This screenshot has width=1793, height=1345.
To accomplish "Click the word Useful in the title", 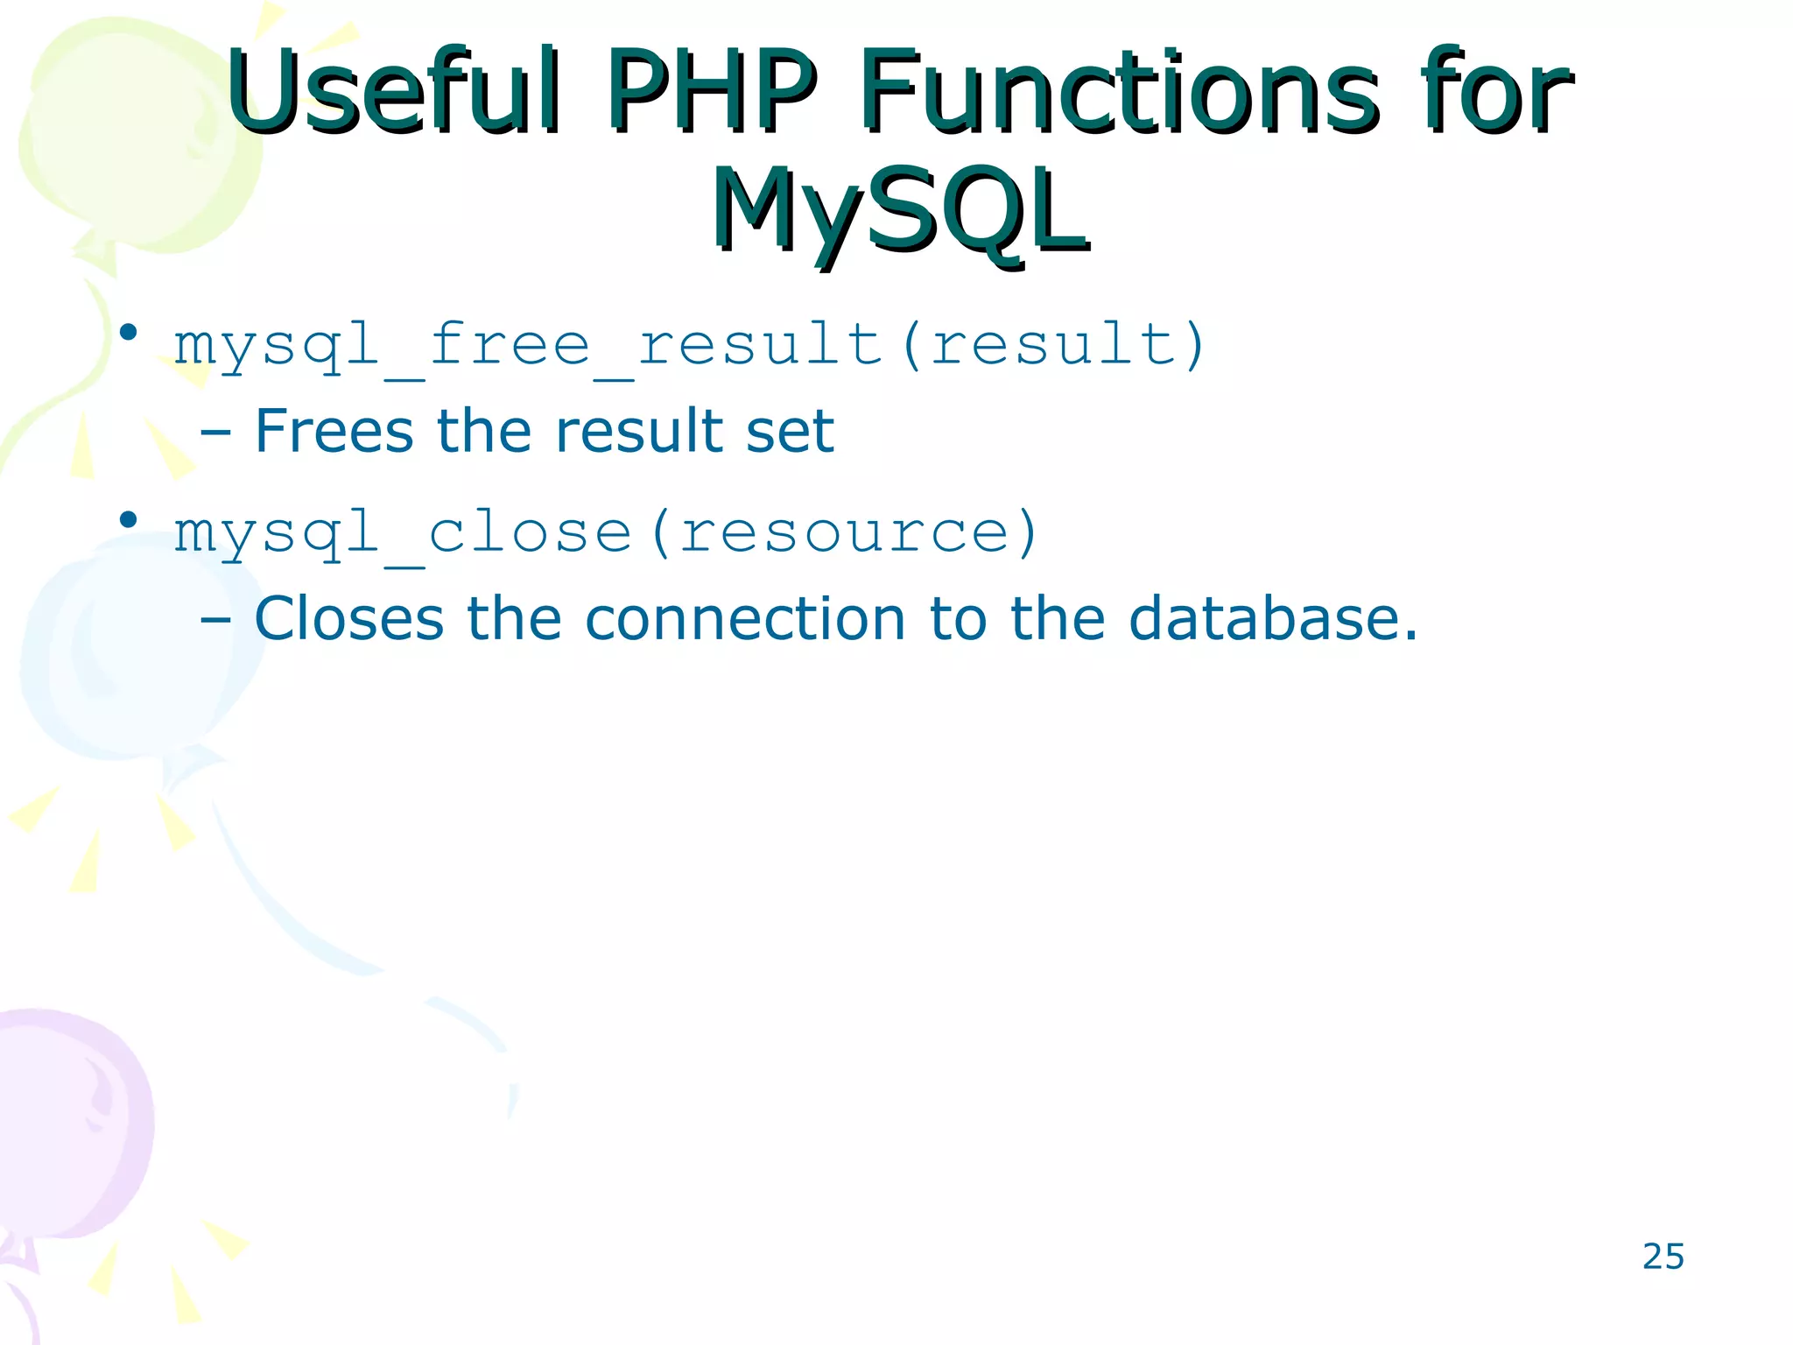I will click(392, 91).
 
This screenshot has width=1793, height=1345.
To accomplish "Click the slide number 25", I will click(1663, 1257).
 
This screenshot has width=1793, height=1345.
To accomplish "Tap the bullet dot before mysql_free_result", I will click(129, 332).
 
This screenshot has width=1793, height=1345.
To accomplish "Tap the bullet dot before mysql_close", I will click(129, 520).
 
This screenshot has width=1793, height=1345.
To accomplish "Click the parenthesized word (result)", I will click(1054, 344).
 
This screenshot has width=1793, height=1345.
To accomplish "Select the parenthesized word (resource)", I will click(845, 532).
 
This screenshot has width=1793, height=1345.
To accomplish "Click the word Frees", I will click(334, 432).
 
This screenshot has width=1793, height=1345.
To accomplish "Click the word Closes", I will click(348, 619).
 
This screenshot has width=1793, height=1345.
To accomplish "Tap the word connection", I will click(744, 619).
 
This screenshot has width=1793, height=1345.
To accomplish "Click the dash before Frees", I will click(215, 433).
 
